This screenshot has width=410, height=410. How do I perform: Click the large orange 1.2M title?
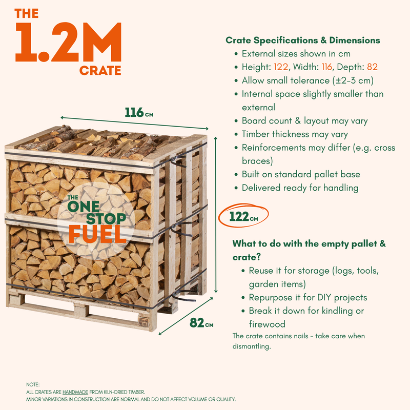69,43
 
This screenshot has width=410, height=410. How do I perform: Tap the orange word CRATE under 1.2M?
100,71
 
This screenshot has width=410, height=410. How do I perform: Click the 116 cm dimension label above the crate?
139,112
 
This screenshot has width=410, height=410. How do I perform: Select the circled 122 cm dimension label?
243,216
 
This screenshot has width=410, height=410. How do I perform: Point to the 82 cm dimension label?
201,322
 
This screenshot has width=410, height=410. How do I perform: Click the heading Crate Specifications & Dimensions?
303,40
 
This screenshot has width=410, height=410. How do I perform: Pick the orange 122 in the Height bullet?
281,67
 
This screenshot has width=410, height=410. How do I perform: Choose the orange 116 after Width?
327,67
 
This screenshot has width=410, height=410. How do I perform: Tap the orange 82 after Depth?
373,67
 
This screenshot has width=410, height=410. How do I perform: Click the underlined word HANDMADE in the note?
75,392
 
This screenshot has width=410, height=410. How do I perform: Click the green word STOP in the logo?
106,219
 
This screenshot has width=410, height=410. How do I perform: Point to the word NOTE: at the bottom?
33,385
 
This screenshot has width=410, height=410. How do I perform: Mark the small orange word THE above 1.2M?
27,14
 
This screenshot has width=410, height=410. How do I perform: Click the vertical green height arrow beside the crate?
216,214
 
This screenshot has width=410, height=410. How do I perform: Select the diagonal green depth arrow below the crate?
186,316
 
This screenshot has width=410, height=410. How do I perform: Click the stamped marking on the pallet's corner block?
144,321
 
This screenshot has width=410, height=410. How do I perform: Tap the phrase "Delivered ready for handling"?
300,188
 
